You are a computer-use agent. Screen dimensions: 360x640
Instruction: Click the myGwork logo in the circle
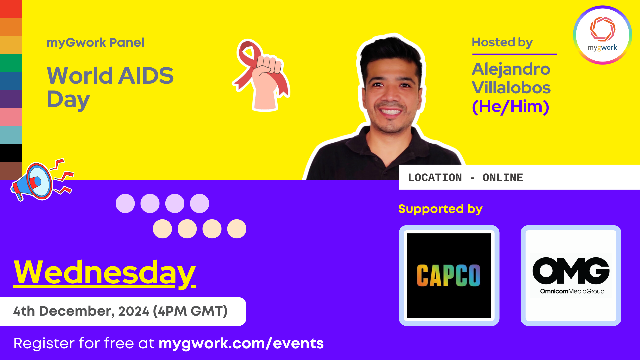602,35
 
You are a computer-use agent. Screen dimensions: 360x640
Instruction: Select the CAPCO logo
449,275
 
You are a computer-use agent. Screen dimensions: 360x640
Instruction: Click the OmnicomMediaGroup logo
571,275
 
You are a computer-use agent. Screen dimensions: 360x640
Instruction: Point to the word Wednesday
104,273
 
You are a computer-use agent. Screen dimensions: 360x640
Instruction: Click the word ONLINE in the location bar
502,178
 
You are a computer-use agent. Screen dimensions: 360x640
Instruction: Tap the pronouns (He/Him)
510,107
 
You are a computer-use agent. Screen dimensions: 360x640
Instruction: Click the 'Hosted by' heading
502,42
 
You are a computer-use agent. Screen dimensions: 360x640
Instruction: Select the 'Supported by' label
440,209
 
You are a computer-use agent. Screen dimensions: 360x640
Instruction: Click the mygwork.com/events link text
241,343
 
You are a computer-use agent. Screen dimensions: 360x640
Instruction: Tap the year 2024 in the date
134,311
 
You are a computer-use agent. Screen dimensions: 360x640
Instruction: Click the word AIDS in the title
146,76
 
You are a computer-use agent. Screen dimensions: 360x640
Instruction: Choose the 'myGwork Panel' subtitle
95,43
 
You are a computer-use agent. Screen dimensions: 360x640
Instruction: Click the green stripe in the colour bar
11,63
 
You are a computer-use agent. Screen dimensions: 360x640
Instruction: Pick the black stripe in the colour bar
11,153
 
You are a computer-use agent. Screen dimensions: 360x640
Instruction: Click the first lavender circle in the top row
125,203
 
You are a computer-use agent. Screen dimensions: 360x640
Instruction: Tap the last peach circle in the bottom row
237,229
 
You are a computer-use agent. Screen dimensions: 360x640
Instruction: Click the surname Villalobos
511,88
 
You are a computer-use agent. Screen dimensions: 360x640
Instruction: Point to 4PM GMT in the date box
190,311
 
